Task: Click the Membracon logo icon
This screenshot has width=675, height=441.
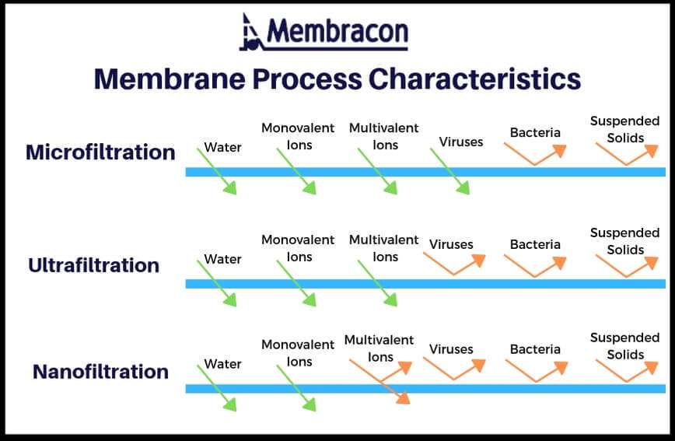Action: (x=250, y=33)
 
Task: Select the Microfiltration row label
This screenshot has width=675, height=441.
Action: (x=100, y=152)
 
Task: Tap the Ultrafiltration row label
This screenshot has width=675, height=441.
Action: (x=93, y=265)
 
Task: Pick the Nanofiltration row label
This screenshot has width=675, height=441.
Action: (x=100, y=372)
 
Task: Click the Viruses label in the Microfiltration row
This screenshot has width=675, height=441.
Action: (x=460, y=142)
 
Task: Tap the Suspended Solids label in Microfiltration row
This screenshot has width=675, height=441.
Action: (x=624, y=129)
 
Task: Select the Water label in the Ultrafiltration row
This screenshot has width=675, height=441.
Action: (x=222, y=259)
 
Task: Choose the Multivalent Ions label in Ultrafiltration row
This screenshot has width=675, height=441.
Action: (x=383, y=248)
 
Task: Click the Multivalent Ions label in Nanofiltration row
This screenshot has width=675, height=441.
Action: (x=380, y=348)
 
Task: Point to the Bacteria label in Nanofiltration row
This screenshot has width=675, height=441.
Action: (x=535, y=349)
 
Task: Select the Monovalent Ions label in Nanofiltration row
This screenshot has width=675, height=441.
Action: (x=298, y=353)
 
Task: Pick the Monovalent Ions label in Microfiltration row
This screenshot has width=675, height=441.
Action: (x=298, y=136)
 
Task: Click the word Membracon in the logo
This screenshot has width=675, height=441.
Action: (x=337, y=33)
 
